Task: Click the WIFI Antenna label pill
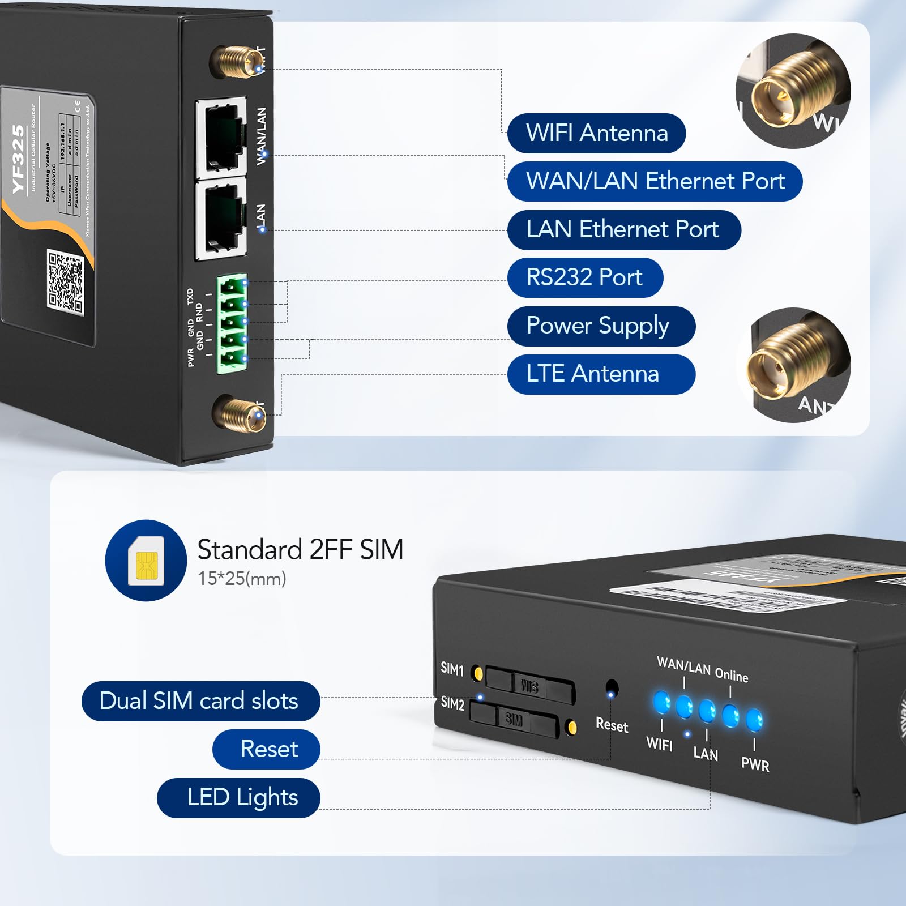(596, 133)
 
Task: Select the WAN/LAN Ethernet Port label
(655, 181)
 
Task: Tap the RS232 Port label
(584, 277)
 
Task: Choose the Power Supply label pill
(600, 326)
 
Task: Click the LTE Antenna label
(600, 374)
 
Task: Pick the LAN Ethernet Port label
(623, 230)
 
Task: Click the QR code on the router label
(65, 281)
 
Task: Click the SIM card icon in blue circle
(146, 560)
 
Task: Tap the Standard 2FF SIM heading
(300, 549)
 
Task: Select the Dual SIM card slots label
(200, 701)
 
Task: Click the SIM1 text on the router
(452, 669)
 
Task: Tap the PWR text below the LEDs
(755, 765)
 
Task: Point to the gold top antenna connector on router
(232, 61)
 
